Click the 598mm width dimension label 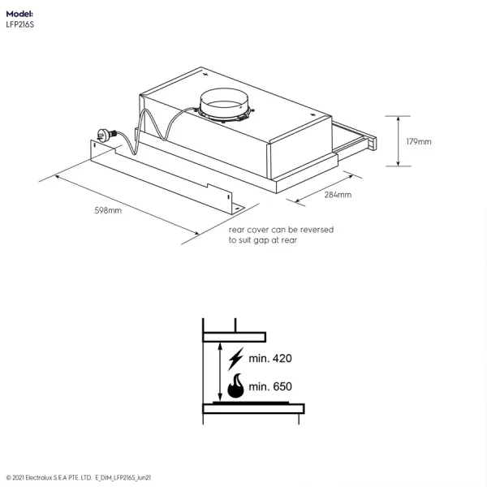coord(108,210)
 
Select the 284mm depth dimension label coord(338,195)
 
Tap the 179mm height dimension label coord(419,141)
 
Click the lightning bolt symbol coord(236,359)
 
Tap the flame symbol coord(235,386)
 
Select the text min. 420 coord(270,359)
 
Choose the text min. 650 coord(270,386)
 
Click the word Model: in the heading coord(19,14)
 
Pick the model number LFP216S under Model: coord(19,25)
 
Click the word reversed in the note coord(317,230)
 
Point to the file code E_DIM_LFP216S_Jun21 coord(123,478)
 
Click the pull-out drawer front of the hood coord(372,144)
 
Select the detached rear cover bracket coord(168,177)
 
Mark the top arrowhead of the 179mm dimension coord(399,119)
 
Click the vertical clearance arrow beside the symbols coord(220,372)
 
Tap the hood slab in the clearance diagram coord(235,337)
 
